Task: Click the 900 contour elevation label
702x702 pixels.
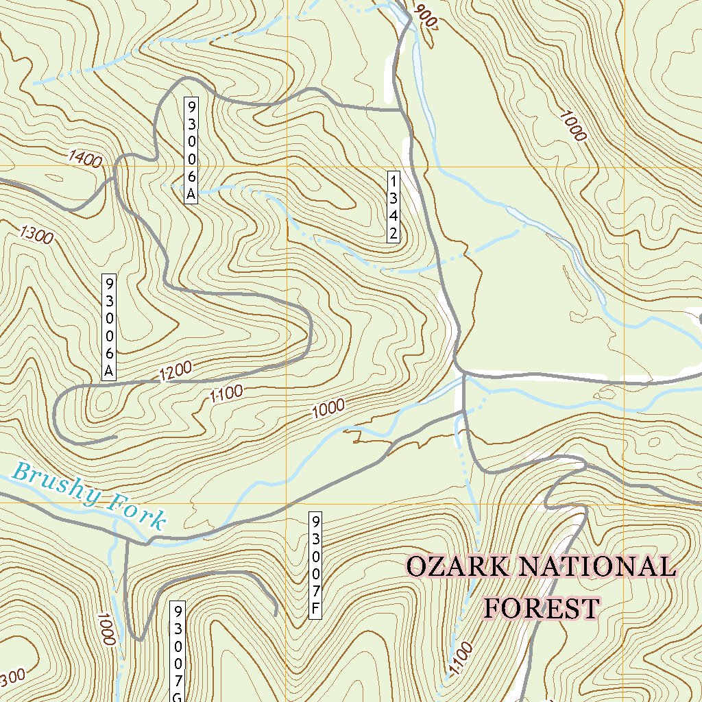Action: [426, 16]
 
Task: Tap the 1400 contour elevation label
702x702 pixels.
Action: [86, 160]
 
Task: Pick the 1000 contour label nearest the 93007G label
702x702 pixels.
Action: [106, 629]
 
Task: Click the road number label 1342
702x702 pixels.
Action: [394, 207]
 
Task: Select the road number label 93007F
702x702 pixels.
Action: [315, 565]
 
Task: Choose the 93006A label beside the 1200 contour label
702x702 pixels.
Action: [109, 327]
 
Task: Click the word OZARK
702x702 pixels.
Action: [458, 567]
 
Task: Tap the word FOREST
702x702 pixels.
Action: [542, 607]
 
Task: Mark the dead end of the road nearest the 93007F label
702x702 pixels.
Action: [276, 614]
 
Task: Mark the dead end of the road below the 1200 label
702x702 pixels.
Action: [117, 436]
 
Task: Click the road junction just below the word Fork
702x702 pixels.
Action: [148, 542]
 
